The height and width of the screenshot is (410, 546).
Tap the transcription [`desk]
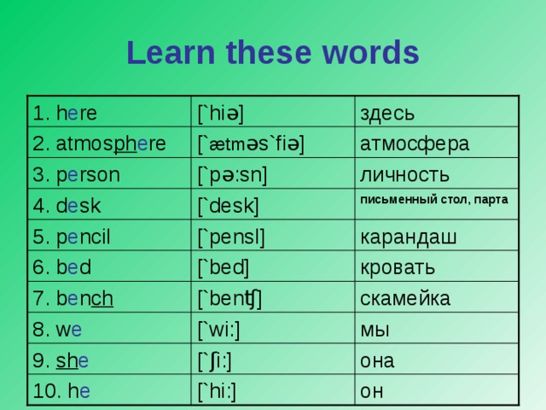pos(229,205)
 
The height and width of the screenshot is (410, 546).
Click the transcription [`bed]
pos(224,268)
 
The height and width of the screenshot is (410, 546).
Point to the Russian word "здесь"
pos(388,112)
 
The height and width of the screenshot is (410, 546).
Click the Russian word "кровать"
pos(399,267)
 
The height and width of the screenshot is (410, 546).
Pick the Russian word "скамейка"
pos(406,298)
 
